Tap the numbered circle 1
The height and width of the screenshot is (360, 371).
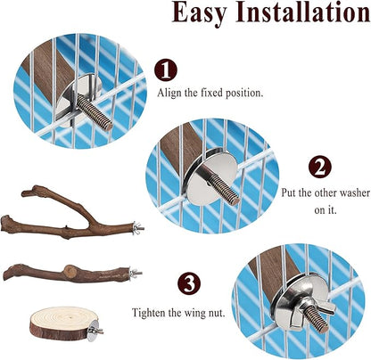pyautogui.click(x=167, y=71)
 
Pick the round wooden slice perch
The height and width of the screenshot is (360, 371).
pyautogui.click(x=65, y=325)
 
